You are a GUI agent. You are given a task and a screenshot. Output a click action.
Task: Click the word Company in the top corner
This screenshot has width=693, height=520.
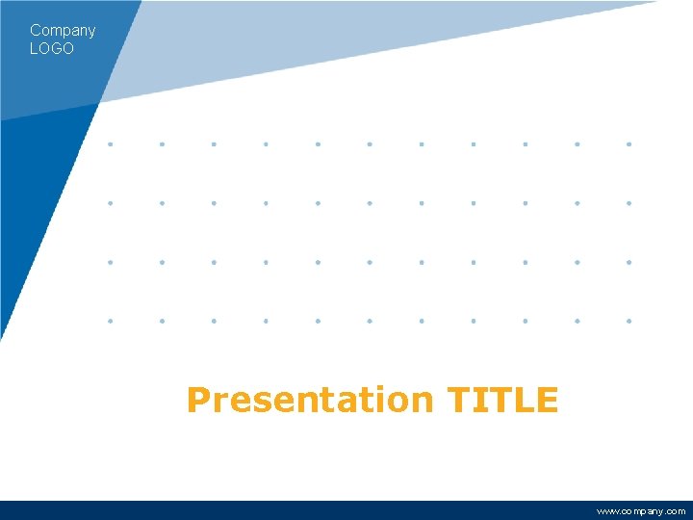(x=63, y=31)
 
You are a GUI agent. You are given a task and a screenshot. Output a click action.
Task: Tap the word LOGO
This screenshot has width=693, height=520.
(x=52, y=48)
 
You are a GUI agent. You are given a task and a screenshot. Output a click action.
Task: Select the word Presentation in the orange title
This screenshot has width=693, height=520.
(x=311, y=400)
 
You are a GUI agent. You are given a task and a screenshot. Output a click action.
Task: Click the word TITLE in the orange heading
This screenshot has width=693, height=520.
(x=502, y=399)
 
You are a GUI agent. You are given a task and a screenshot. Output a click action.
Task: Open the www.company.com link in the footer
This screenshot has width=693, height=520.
(x=641, y=511)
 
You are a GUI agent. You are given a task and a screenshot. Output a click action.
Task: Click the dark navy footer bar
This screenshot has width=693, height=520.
(x=289, y=510)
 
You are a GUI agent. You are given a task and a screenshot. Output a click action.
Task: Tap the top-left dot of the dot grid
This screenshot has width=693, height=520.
(x=111, y=144)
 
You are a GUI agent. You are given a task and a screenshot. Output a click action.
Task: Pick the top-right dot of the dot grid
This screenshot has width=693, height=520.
(x=629, y=144)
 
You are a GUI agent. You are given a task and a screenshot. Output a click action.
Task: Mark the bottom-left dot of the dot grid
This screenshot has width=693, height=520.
(x=111, y=320)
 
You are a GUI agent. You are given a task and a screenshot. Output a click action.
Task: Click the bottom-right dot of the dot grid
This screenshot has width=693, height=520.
(x=629, y=320)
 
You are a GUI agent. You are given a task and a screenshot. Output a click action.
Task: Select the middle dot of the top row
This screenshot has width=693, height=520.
(x=370, y=144)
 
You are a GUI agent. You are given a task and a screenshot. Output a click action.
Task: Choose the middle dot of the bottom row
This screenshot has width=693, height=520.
(x=370, y=320)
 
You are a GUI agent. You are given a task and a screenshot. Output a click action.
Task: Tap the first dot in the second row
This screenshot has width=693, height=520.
(x=111, y=203)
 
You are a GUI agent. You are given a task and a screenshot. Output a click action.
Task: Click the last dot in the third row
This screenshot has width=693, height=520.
(x=629, y=261)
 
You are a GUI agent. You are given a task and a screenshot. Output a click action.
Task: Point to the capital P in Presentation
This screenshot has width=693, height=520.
(x=197, y=400)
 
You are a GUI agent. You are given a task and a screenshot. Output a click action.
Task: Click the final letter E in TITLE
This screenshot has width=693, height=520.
(x=548, y=399)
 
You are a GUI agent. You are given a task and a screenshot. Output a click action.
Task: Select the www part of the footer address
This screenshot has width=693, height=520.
(x=607, y=511)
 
